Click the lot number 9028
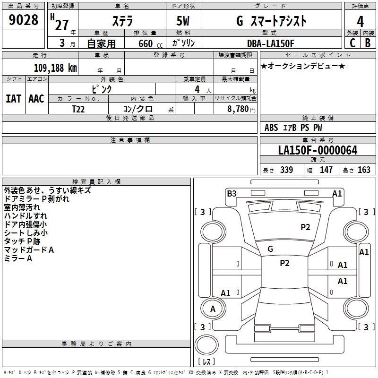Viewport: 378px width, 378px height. tap(24, 20)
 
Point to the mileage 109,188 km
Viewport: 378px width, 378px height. tap(55, 68)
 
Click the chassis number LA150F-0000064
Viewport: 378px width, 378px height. tap(318, 150)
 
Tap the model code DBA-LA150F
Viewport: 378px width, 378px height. tap(271, 43)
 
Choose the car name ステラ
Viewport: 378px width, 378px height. tap(122, 21)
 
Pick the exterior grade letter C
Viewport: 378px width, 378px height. tap(352, 43)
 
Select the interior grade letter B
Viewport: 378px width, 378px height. tap(368, 43)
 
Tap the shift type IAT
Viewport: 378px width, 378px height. tap(13, 99)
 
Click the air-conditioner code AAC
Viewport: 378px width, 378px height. tap(36, 99)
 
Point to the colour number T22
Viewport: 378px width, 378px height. tap(79, 109)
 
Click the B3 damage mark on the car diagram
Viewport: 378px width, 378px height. tap(232, 193)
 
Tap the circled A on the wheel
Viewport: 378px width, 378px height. tap(213, 309)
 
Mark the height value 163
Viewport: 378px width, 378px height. tap(364, 170)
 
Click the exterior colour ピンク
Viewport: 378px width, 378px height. tap(101, 89)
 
